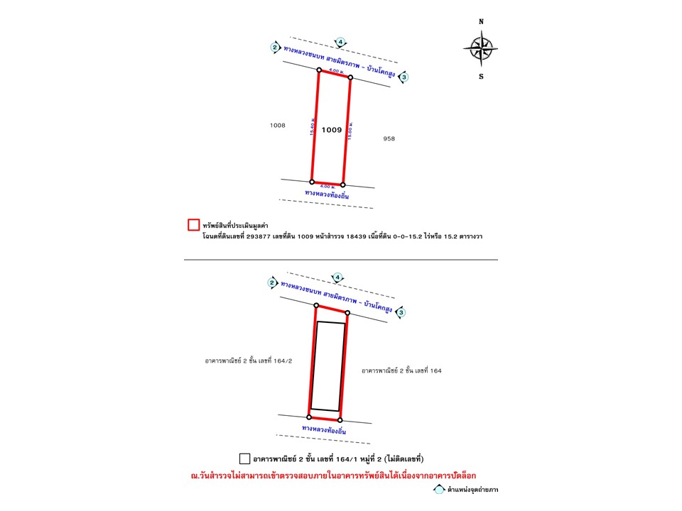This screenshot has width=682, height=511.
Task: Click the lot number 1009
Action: pos(332,130)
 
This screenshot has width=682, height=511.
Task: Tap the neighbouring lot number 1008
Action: pos(277,125)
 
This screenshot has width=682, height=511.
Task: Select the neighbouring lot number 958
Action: pos(389,138)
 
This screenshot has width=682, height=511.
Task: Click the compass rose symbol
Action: pos(480,48)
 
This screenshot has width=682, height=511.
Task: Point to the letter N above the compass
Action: pos(481,22)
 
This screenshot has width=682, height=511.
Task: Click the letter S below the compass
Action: pos(481,77)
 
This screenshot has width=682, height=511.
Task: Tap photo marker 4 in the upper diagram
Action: pos(341,42)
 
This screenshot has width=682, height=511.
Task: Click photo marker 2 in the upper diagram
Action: pos(275,48)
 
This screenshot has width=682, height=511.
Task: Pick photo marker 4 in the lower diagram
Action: pos(338,277)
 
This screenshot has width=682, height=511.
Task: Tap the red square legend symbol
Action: pos(193,225)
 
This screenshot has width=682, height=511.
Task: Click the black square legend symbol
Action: pos(245,458)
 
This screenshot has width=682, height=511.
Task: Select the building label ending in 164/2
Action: pos(249,361)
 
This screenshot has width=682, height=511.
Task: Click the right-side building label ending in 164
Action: pos(401,370)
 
